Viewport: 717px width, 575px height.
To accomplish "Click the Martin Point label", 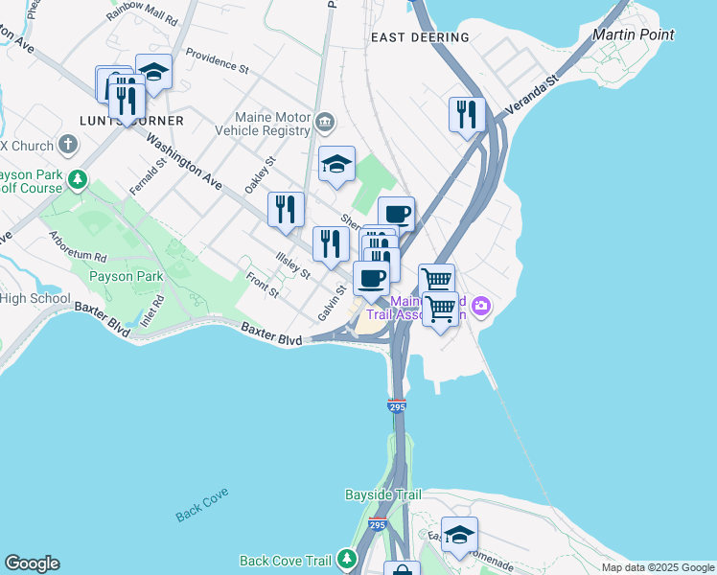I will pyautogui.click(x=633, y=34).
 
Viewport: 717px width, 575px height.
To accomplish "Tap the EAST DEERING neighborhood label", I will pyautogui.click(x=420, y=37).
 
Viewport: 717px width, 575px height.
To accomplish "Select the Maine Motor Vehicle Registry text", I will pyautogui.click(x=262, y=123).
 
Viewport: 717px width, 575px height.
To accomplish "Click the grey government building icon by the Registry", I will pyautogui.click(x=325, y=121).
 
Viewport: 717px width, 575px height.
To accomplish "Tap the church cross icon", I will pyautogui.click(x=67, y=145).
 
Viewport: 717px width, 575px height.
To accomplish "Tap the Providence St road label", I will pyautogui.click(x=218, y=61).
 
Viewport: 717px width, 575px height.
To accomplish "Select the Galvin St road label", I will pyautogui.click(x=333, y=303).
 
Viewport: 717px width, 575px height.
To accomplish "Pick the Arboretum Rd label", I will pyautogui.click(x=78, y=245).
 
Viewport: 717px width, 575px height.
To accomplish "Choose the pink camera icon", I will pyautogui.click(x=480, y=307).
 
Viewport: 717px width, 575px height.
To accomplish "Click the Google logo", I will pyautogui.click(x=32, y=563).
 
